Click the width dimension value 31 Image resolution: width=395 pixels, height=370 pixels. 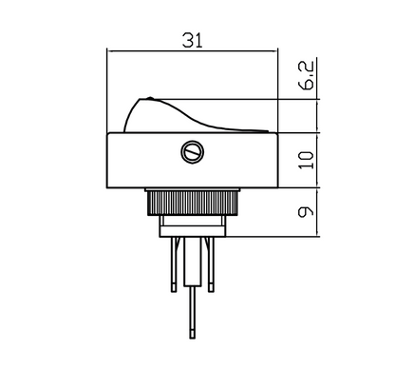(x=193, y=39)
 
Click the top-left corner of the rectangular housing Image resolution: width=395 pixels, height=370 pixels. (x=108, y=133)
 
